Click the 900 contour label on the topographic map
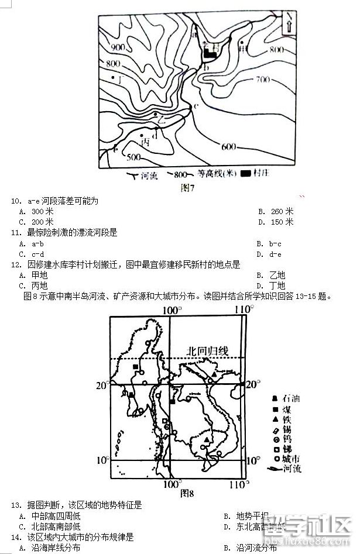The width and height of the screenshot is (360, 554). [x=118, y=47]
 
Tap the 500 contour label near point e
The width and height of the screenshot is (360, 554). [x=134, y=157]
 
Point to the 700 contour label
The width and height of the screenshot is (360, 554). [x=263, y=79]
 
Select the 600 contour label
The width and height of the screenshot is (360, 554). [x=229, y=146]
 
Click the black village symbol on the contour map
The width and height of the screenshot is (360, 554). [x=210, y=54]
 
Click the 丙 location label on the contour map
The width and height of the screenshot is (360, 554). [x=146, y=142]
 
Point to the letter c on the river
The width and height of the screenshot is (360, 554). [x=196, y=105]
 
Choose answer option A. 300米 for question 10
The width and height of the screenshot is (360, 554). [x=36, y=211]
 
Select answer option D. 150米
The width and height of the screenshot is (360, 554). [x=275, y=222]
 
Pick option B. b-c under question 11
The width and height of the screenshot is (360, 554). [x=269, y=243]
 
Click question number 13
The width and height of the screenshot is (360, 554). [x=15, y=504]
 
